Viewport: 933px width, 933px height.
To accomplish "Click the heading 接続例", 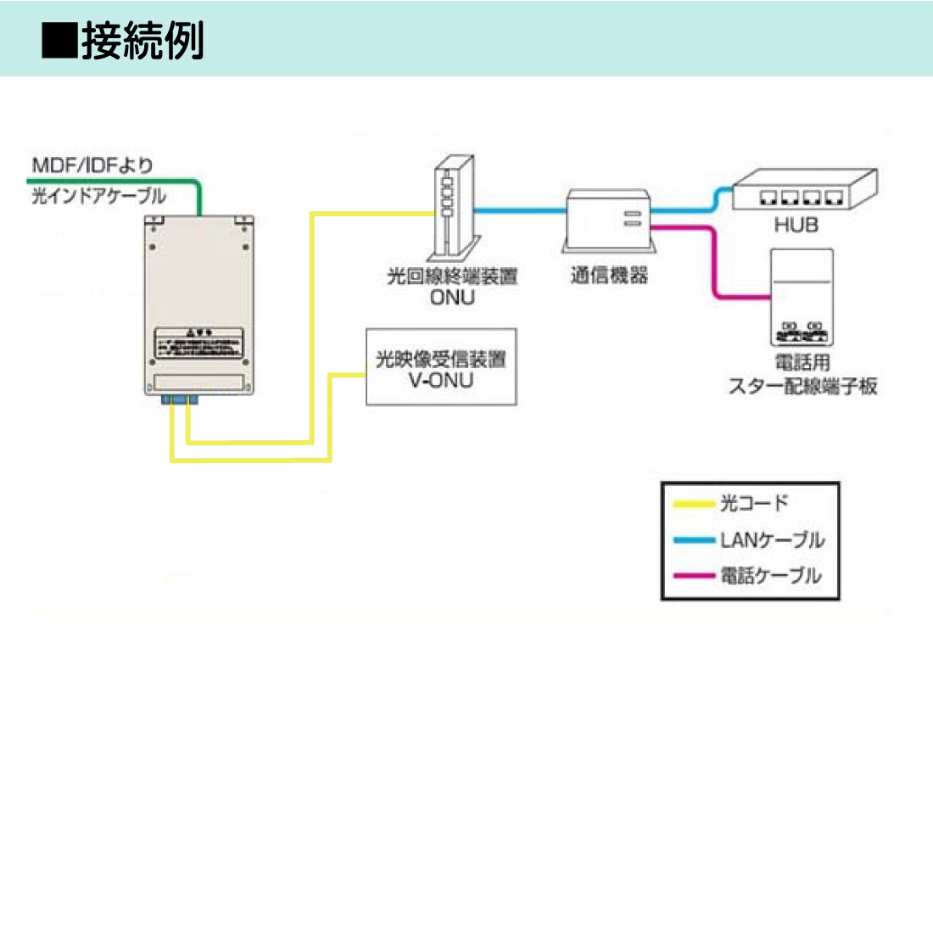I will click(x=142, y=41).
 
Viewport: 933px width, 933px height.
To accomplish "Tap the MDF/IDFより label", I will click(x=92, y=165).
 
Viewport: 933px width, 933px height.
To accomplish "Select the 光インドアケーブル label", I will click(x=99, y=196).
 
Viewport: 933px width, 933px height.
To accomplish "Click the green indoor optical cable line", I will click(x=119, y=181).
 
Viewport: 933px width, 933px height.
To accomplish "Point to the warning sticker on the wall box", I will click(x=198, y=344).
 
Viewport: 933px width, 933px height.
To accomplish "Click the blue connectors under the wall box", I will click(x=179, y=399).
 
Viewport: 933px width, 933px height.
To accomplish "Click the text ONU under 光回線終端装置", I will click(x=452, y=298).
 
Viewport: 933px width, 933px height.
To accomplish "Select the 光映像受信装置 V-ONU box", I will click(x=441, y=367).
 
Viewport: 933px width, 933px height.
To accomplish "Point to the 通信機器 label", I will click(x=609, y=275).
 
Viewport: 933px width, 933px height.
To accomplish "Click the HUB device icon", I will click(x=803, y=191).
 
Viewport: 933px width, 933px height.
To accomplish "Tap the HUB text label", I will click(x=796, y=225).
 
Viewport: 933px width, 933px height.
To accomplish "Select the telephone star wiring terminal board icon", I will click(x=802, y=297).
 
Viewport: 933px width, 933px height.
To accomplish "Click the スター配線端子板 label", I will click(x=802, y=386).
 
